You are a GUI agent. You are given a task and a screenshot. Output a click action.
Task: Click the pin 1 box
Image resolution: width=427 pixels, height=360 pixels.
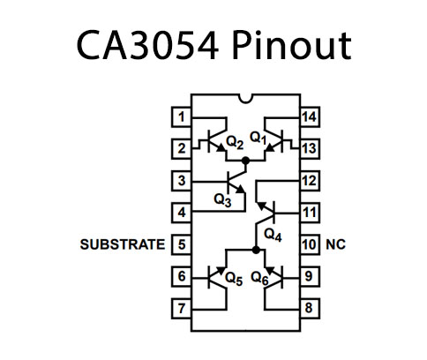tap(181, 116)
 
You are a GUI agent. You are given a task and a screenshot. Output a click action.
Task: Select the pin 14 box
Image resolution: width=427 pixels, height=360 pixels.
tap(309, 116)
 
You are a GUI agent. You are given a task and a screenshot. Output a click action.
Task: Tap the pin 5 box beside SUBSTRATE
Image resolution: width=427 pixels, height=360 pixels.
tap(181, 244)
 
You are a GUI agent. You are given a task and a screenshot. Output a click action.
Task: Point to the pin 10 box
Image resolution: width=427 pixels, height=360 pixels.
tap(309, 244)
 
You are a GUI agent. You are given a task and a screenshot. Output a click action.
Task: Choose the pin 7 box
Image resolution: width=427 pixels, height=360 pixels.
tap(181, 308)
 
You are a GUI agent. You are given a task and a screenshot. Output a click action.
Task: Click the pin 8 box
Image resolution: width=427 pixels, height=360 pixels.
tap(309, 308)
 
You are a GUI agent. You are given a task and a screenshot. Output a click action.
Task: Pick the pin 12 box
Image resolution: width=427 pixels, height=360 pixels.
tap(309, 180)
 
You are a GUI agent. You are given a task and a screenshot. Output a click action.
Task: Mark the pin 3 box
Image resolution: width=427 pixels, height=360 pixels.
tap(181, 180)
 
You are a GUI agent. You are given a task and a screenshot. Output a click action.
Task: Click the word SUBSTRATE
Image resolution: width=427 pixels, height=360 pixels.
tap(122, 244)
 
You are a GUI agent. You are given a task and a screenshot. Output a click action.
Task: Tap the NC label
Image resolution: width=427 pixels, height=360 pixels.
tap(335, 244)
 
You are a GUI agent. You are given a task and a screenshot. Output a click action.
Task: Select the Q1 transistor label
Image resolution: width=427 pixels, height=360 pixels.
tap(258, 138)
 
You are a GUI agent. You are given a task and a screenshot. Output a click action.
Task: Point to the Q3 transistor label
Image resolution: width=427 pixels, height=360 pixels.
tap(222, 199)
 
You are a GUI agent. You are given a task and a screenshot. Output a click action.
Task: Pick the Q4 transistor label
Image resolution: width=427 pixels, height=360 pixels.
tap(272, 235)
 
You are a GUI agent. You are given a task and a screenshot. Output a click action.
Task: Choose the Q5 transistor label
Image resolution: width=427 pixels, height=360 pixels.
tap(233, 278)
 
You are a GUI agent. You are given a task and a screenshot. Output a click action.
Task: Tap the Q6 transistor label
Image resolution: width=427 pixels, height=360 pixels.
tap(258, 278)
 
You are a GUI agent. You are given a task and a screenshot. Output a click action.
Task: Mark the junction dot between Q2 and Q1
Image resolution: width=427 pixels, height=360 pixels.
tap(246, 160)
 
